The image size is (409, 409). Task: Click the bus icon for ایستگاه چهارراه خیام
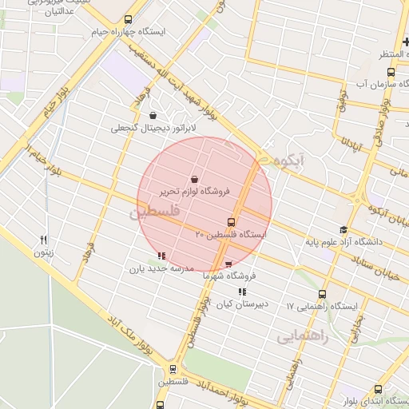click(x=129, y=19)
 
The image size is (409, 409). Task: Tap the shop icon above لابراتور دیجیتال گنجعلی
click(x=153, y=115)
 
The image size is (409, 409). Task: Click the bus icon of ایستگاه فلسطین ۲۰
click(x=231, y=222)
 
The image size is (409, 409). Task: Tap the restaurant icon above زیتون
click(x=44, y=240)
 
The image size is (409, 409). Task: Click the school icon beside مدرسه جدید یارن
click(x=161, y=256)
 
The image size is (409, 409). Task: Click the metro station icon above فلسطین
click(x=173, y=369)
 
